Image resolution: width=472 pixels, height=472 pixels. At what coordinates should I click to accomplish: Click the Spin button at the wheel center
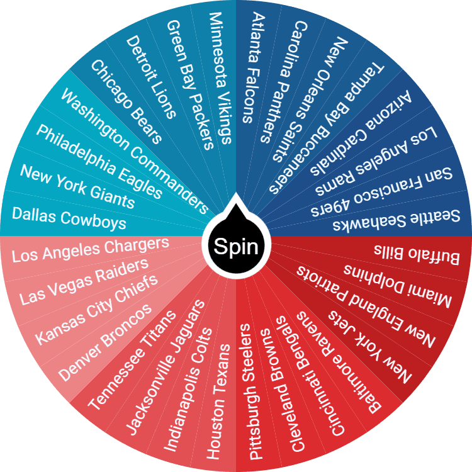[x=236, y=246]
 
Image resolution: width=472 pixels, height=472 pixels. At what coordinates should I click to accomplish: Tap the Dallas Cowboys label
[x=69, y=217]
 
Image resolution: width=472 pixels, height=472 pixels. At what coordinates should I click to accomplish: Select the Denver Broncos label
[x=106, y=342]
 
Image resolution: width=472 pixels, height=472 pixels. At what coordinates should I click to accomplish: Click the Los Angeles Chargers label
[x=91, y=249]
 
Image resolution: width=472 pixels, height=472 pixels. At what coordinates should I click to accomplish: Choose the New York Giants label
[x=77, y=186]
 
